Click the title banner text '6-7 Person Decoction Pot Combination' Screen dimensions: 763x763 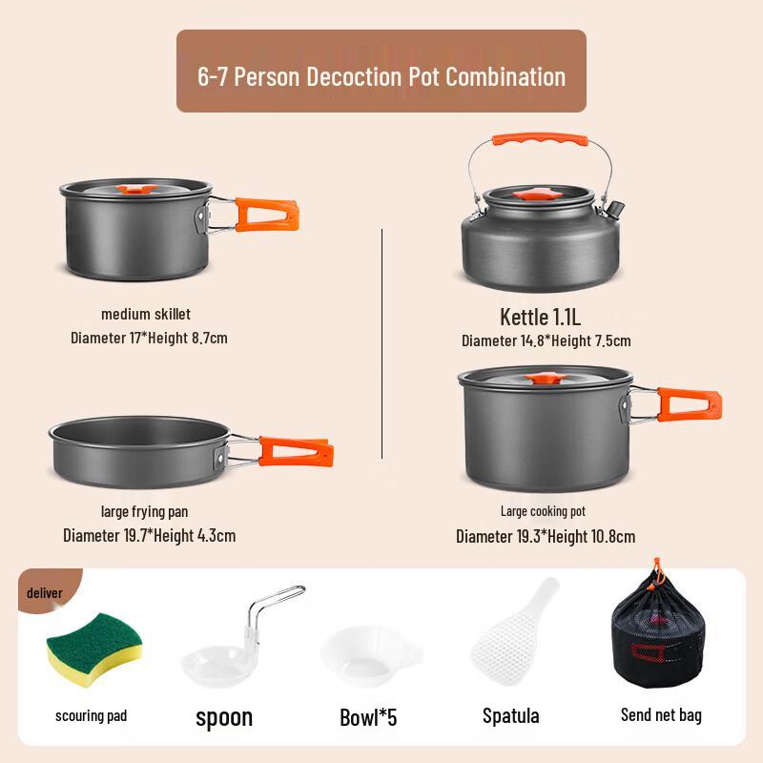[x=381, y=76]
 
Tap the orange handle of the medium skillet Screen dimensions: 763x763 [x=268, y=214]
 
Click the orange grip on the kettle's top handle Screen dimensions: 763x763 [x=539, y=140]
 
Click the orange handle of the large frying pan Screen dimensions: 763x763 [x=295, y=450]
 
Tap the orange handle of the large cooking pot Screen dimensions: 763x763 [x=689, y=403]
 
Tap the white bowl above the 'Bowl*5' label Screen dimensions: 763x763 [x=370, y=655]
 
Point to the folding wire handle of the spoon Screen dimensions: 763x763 [x=271, y=610]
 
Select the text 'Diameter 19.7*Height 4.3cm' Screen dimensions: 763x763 [x=149, y=535]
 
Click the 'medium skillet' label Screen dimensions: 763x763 [x=146, y=314]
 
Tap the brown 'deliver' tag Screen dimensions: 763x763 [x=45, y=593]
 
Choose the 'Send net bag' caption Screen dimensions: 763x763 [x=661, y=714]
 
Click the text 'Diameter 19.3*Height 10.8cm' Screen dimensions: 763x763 [x=546, y=536]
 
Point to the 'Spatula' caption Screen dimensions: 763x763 [x=510, y=715]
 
